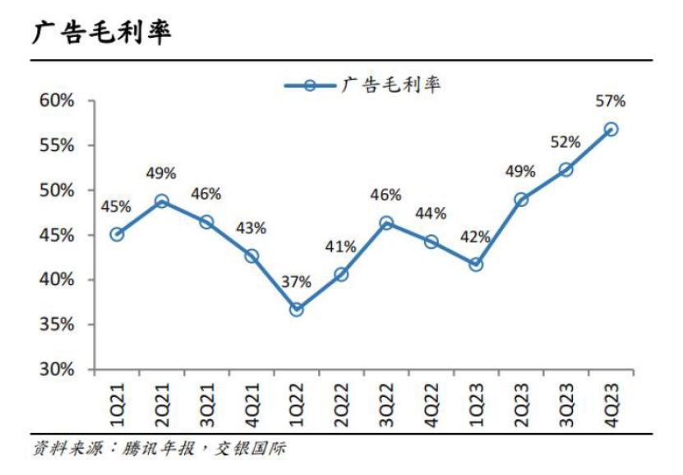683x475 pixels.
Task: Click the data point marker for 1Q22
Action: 297,310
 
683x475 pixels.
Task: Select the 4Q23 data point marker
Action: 611,130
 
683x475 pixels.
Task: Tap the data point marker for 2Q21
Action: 162,201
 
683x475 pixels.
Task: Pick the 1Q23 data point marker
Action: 476,265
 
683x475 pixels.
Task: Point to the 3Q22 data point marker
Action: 386,223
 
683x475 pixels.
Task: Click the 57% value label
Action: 611,102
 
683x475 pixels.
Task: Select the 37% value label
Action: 297,282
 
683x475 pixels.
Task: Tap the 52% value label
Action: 565,142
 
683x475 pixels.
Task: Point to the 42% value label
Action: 475,237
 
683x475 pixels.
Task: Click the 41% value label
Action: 341,246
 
